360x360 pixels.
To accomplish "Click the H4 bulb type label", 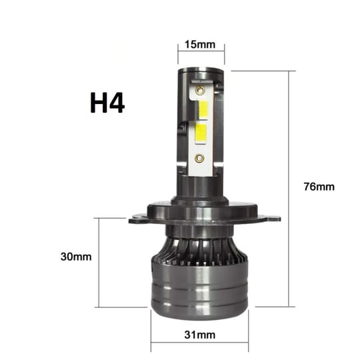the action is [x=107, y=103].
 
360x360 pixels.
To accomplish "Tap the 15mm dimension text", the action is [x=200, y=45].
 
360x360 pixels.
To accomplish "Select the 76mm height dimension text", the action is [x=319, y=187].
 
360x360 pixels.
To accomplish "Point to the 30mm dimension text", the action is [x=76, y=257].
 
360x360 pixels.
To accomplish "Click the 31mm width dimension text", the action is [x=200, y=335].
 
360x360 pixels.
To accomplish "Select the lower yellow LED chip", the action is [x=201, y=134].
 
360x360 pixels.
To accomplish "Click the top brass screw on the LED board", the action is [x=200, y=90].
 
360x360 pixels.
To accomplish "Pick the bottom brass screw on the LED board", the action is [x=199, y=158].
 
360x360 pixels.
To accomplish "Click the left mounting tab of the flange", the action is [x=138, y=219].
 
